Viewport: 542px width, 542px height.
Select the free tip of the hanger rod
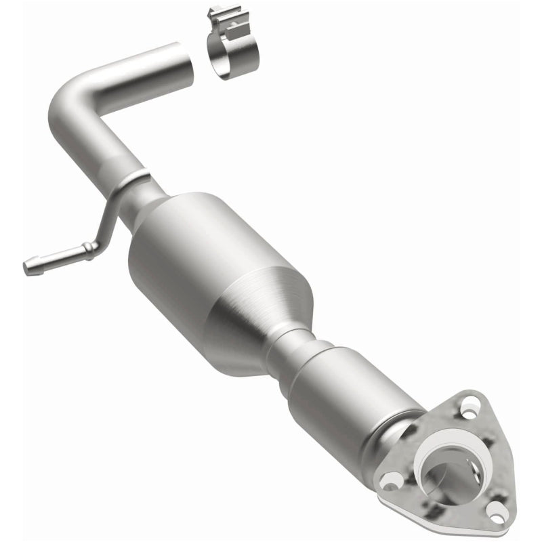(x=28, y=266)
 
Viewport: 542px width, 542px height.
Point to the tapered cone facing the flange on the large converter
(x=264, y=318)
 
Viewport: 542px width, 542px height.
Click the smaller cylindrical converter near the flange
(x=346, y=393)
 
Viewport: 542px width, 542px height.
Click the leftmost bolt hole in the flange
(x=391, y=480)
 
